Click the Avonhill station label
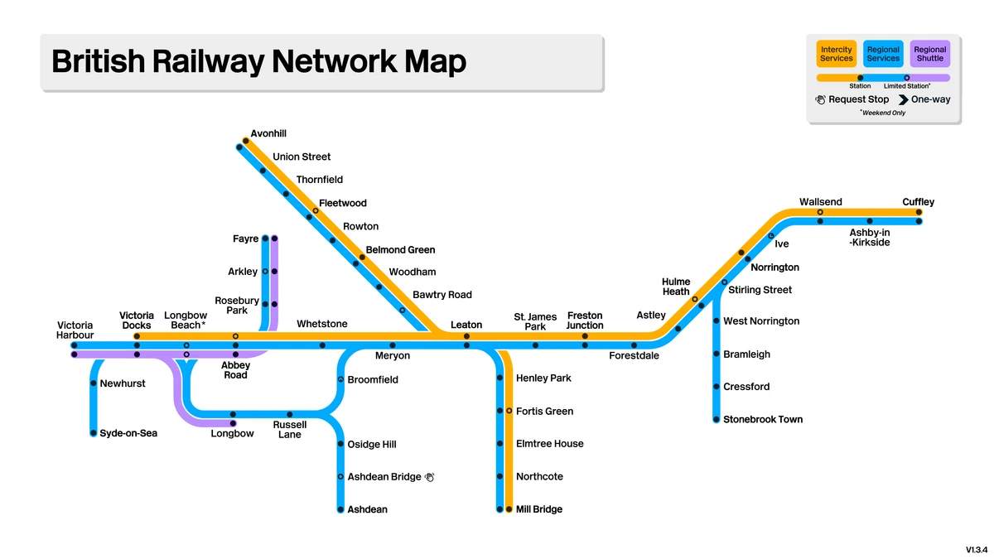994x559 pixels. (x=268, y=133)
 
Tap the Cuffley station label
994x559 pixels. (x=918, y=202)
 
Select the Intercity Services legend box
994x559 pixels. (x=836, y=54)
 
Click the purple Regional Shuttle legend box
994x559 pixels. (x=929, y=54)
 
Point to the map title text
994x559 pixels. (x=258, y=62)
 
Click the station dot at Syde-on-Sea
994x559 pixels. (x=94, y=433)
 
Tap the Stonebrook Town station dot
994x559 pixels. (x=717, y=420)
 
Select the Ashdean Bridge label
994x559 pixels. (x=384, y=477)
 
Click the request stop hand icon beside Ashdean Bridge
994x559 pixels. (x=429, y=477)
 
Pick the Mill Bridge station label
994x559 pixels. (x=538, y=509)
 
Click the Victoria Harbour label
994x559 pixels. (x=75, y=330)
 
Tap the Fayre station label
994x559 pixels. (x=245, y=239)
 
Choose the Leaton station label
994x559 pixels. (x=466, y=325)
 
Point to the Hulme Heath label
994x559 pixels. (x=676, y=287)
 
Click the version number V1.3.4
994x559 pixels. (x=976, y=550)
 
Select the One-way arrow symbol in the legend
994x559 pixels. (x=904, y=99)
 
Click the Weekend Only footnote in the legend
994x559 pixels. (x=883, y=113)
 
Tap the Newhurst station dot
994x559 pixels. (x=94, y=383)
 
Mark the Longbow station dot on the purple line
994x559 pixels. (x=233, y=424)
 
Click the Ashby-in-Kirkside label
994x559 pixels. (x=870, y=238)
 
